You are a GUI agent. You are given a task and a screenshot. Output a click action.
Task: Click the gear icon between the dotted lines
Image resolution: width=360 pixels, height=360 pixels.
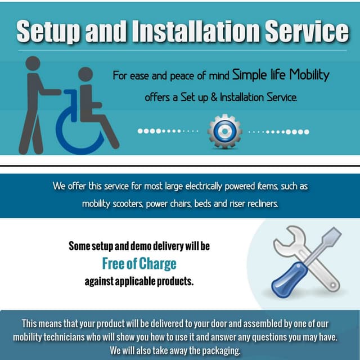224,132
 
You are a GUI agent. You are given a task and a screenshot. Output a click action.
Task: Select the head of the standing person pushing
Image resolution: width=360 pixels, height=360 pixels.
33,64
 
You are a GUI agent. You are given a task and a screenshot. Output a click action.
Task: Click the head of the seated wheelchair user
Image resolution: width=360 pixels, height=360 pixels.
85,75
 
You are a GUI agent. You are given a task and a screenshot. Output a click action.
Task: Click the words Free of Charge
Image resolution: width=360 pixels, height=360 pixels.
139,263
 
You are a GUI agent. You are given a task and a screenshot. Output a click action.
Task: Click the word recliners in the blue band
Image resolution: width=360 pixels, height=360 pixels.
259,204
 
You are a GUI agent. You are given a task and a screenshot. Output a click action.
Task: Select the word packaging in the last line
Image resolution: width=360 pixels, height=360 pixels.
220,350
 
